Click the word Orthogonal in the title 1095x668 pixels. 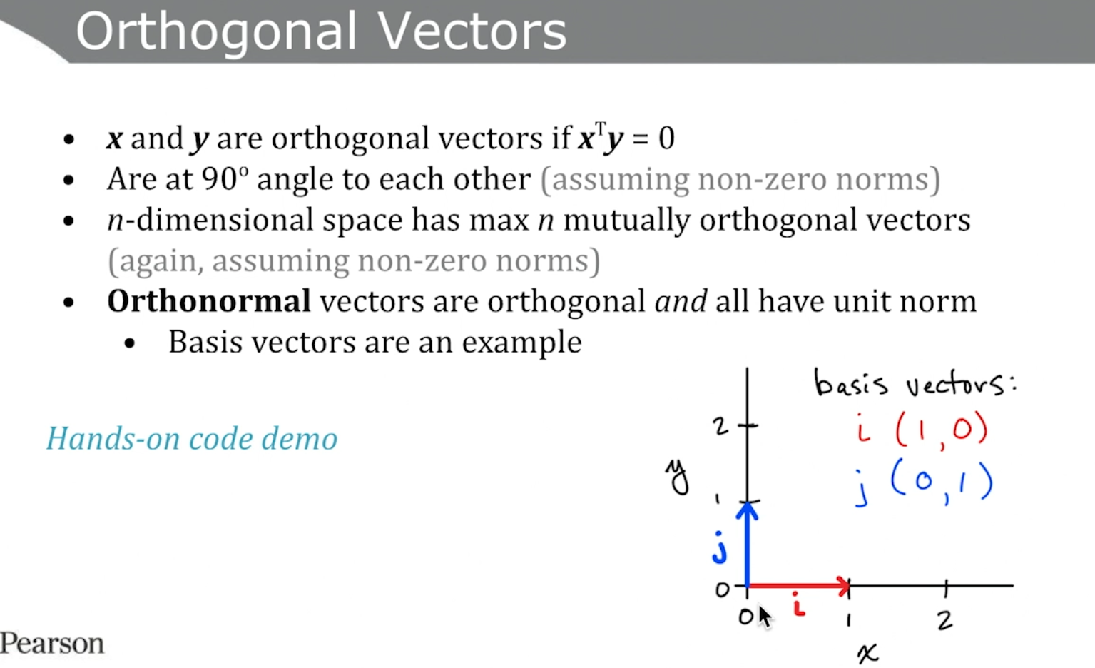pos(217,32)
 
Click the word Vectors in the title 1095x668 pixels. pos(472,31)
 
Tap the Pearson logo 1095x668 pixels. pos(52,643)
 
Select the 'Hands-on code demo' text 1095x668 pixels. pos(192,438)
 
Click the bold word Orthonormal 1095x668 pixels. pos(209,300)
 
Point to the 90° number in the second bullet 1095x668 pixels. pos(225,178)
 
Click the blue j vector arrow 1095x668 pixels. pos(747,544)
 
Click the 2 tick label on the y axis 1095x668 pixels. pos(720,427)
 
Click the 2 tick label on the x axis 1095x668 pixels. pos(945,620)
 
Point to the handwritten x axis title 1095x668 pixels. pos(867,653)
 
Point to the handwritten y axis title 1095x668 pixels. pos(678,477)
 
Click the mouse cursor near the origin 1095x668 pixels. pos(765,617)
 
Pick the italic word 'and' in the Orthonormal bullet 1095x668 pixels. pos(681,300)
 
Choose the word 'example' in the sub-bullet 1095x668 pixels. pos(522,343)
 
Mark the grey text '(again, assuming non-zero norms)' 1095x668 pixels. pos(354,260)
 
